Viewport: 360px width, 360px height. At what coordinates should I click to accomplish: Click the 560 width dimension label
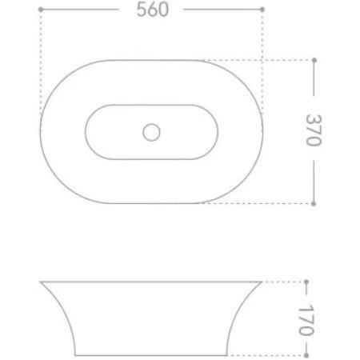[x=153, y=10]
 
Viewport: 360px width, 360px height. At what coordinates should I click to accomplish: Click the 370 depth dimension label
[x=314, y=130]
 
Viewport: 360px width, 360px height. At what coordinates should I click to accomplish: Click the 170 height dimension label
[x=306, y=320]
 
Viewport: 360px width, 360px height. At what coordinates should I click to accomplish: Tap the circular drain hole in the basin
[x=151, y=132]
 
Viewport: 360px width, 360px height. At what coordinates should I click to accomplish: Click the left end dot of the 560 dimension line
[x=41, y=10]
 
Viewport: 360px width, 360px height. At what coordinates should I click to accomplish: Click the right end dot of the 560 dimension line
[x=262, y=10]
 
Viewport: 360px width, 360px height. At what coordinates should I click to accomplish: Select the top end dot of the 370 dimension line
[x=314, y=60]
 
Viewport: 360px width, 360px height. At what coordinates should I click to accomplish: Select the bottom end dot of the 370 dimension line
[x=314, y=204]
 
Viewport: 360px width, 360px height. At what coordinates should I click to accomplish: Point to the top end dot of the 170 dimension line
[x=306, y=282]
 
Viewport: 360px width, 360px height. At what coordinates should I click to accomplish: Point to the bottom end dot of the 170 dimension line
[x=306, y=355]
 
